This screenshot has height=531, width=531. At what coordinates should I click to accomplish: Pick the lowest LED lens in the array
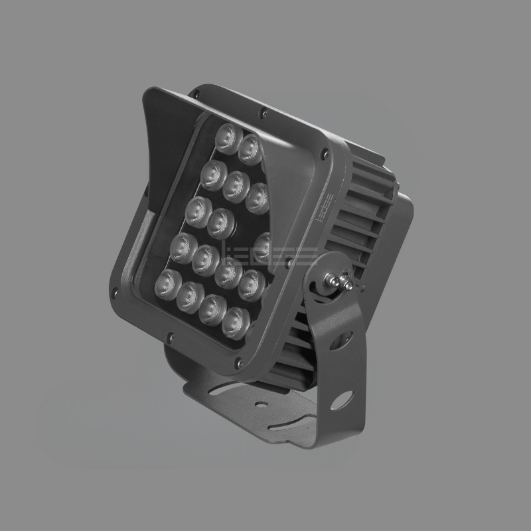click(234, 321)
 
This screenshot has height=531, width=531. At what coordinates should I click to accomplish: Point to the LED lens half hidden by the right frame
click(264, 246)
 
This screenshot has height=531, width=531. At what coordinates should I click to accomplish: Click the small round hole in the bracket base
click(260, 402)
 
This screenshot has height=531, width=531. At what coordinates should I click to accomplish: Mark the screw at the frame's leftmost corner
click(117, 290)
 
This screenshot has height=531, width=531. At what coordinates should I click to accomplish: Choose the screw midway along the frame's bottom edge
click(171, 335)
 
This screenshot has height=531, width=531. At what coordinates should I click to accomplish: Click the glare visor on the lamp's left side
click(148, 159)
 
